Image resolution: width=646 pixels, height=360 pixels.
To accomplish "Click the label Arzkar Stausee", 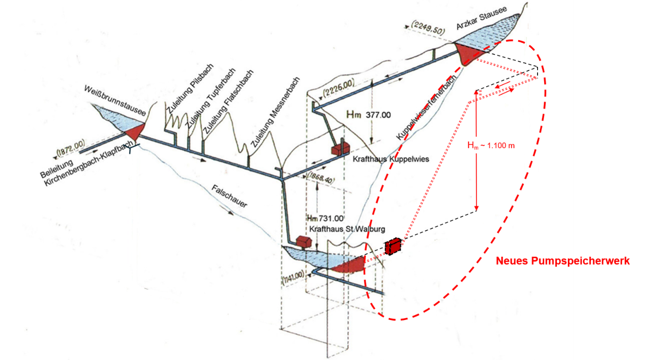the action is click(481, 18).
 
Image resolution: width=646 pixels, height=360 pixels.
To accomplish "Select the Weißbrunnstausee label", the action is click(115, 100).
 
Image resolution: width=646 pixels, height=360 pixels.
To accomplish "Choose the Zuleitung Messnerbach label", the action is click(275, 112).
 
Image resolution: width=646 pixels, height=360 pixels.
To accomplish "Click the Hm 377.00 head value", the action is click(369, 115).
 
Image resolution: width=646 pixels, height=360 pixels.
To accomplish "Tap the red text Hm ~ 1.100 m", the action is click(491, 145).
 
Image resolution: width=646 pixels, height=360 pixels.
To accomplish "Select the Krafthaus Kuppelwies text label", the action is click(391, 159).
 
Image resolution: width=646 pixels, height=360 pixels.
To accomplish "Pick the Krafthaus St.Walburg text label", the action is click(347, 229).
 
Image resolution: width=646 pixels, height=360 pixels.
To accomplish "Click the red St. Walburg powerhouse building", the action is click(304, 242).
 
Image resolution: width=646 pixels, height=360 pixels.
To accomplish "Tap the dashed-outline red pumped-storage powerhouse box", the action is click(393, 246).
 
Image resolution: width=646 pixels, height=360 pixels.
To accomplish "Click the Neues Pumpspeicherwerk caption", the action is click(563, 261).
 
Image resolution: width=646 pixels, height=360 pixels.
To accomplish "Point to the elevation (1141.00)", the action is click(293, 277).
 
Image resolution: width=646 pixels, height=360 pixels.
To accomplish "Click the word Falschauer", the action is click(230, 196).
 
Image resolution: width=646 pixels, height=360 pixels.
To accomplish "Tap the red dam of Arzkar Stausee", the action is click(467, 54).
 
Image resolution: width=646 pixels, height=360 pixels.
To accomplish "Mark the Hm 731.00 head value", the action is click(325, 218).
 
